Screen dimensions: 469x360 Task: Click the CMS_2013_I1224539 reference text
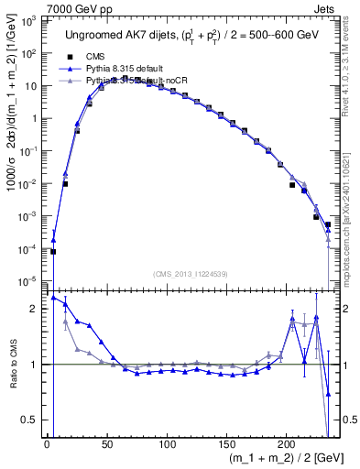tap(190, 273)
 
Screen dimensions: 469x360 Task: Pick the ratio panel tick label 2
tap(35, 309)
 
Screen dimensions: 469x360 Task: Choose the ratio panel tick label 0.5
tap(31, 420)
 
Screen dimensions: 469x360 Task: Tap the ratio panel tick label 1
tap(35, 365)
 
